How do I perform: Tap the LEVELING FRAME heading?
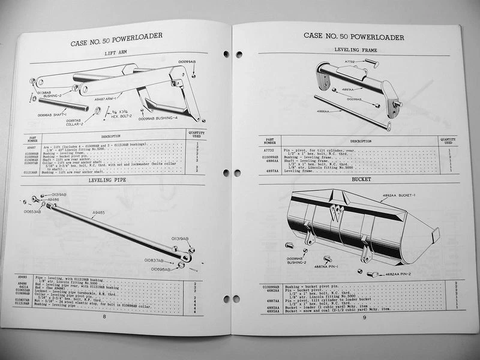point(355,50)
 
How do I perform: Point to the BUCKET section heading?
point(361,179)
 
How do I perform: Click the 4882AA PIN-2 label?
point(398,274)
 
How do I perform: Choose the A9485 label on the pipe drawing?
point(100,212)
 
